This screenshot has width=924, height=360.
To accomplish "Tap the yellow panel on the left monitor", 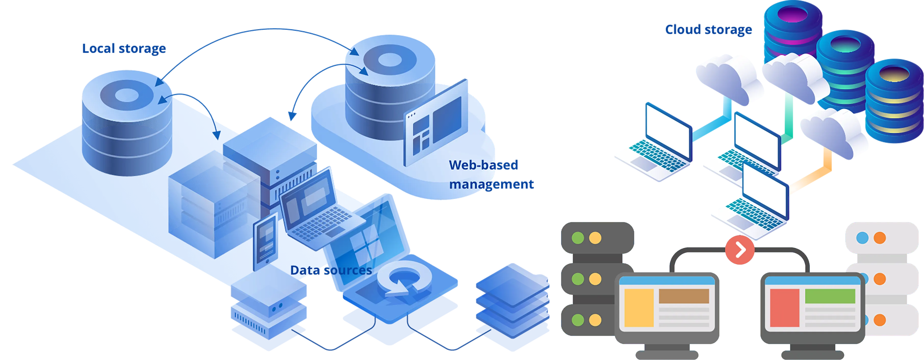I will (x=639, y=308).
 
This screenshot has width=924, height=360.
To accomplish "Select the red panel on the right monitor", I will (x=785, y=308).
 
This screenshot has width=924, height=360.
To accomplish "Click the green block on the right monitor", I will (x=830, y=296).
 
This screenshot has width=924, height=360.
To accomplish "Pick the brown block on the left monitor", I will (x=684, y=296).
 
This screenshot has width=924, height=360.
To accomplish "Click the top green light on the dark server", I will (x=578, y=238).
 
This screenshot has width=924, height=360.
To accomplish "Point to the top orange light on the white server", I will (x=880, y=238).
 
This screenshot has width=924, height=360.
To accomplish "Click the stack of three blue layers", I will (x=512, y=301).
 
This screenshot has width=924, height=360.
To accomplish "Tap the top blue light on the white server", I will (x=862, y=238).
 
